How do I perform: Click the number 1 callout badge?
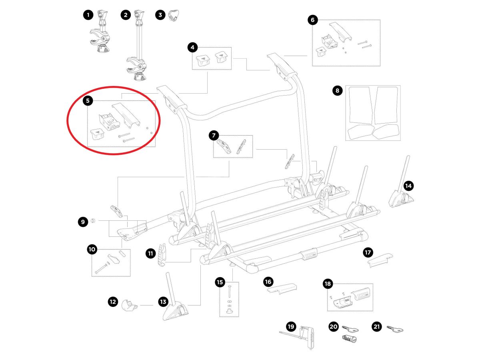point(88,15)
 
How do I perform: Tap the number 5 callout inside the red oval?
point(88,100)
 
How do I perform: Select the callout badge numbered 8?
point(337,91)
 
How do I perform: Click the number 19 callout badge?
point(291,326)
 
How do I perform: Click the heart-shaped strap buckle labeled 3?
point(173,16)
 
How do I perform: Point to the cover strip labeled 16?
point(281,289)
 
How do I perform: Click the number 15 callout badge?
point(220,282)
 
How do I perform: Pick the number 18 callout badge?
point(328,284)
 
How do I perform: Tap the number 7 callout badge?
point(214,136)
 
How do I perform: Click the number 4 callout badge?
point(193,48)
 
